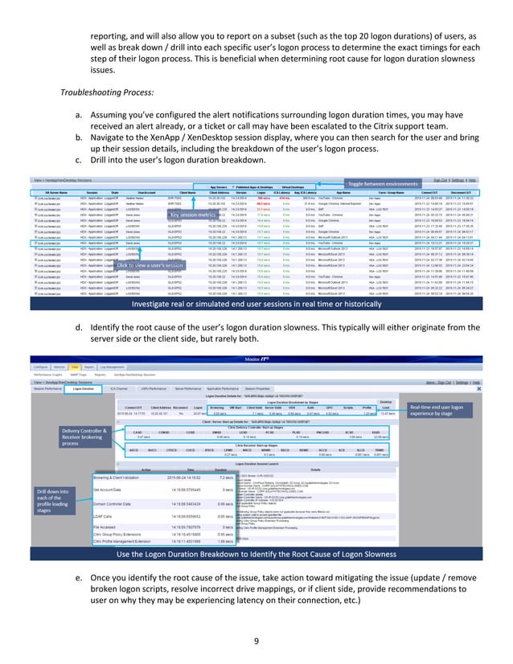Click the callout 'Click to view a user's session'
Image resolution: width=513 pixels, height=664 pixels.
(150, 264)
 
